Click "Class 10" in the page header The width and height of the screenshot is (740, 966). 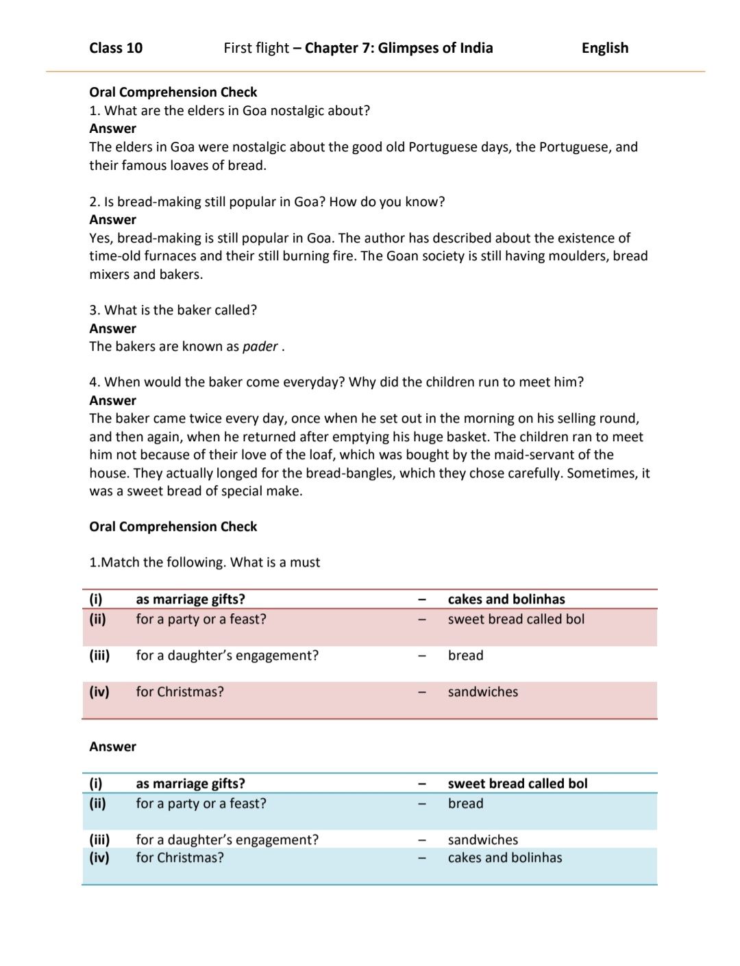(116, 48)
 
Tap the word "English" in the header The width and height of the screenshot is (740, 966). (604, 48)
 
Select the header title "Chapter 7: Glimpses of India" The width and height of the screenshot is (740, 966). (398, 48)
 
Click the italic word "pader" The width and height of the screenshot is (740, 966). (260, 347)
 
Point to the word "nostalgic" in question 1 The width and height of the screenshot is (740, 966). (299, 111)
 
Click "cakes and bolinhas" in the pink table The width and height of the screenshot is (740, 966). (506, 599)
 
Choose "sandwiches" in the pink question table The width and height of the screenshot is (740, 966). (482, 692)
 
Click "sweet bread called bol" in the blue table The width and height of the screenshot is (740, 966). (517, 784)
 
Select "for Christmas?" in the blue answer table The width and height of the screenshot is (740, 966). (180, 858)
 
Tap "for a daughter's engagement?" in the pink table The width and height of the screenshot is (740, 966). (227, 656)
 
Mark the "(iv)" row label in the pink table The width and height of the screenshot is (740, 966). (99, 692)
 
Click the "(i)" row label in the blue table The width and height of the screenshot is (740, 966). (96, 784)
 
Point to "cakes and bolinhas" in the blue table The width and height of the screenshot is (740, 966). (504, 858)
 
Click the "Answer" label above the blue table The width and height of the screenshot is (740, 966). (112, 747)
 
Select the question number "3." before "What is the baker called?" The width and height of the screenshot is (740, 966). (95, 310)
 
